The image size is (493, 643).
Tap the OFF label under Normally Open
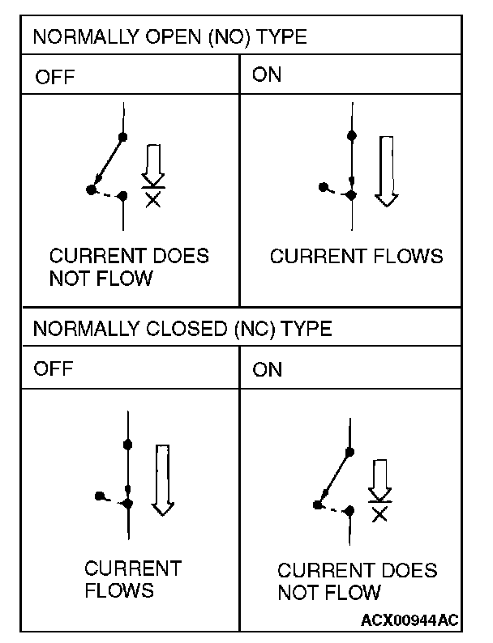pyautogui.click(x=54, y=79)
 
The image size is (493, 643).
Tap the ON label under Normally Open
pyautogui.click(x=268, y=75)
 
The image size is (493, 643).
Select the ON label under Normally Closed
pyautogui.click(x=268, y=369)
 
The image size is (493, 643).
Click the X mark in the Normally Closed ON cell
pyautogui.click(x=379, y=513)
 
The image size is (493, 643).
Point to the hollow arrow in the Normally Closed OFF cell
pyautogui.click(x=164, y=479)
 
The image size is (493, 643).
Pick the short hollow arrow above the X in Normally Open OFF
pyautogui.click(x=152, y=166)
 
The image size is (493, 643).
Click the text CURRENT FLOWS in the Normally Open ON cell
pyautogui.click(x=356, y=257)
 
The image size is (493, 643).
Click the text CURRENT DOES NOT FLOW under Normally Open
pyautogui.click(x=129, y=267)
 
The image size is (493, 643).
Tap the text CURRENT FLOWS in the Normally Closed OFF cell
pyautogui.click(x=132, y=578)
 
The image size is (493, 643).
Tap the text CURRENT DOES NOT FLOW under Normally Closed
pyautogui.click(x=357, y=581)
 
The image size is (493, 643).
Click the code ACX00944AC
pyautogui.click(x=410, y=620)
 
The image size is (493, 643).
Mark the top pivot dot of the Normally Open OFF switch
pyautogui.click(x=122, y=136)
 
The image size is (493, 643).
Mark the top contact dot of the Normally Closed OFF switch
pyautogui.click(x=128, y=444)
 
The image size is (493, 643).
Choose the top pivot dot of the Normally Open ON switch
pyautogui.click(x=350, y=135)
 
